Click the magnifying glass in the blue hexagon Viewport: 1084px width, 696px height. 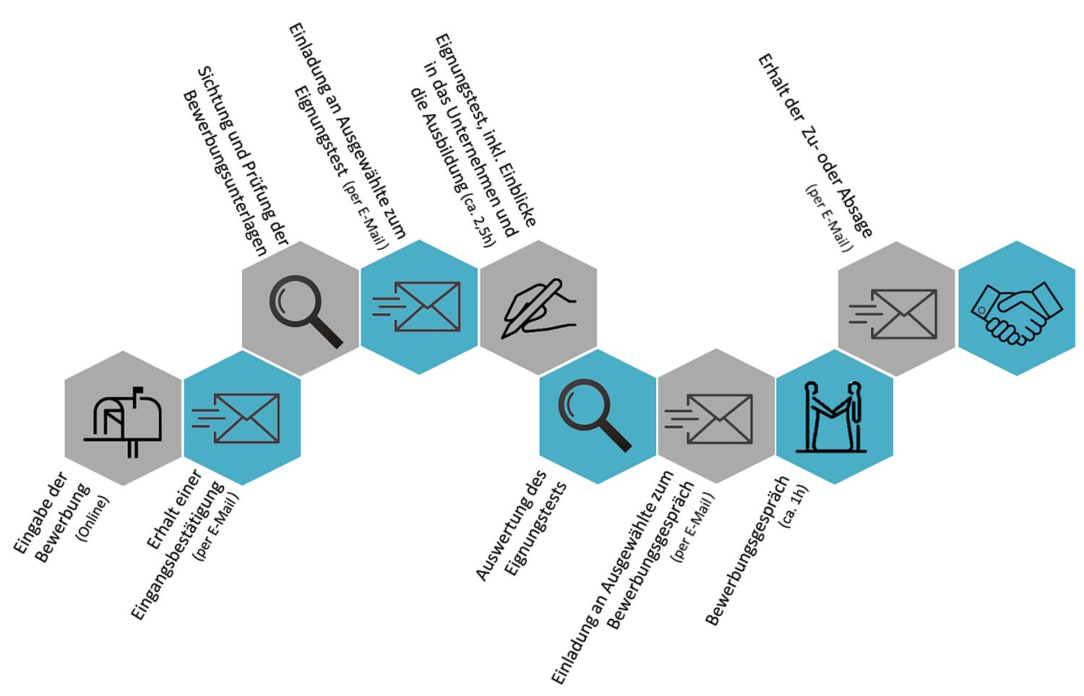pos(594,417)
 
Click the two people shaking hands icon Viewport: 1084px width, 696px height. pos(833,417)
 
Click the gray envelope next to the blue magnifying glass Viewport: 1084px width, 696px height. pos(711,418)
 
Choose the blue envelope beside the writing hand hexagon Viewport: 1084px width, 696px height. pos(418,307)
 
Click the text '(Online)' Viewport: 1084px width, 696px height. pos(93,518)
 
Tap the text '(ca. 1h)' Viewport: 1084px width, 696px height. pos(793,507)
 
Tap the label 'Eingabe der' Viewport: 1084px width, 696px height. pos(40,513)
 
